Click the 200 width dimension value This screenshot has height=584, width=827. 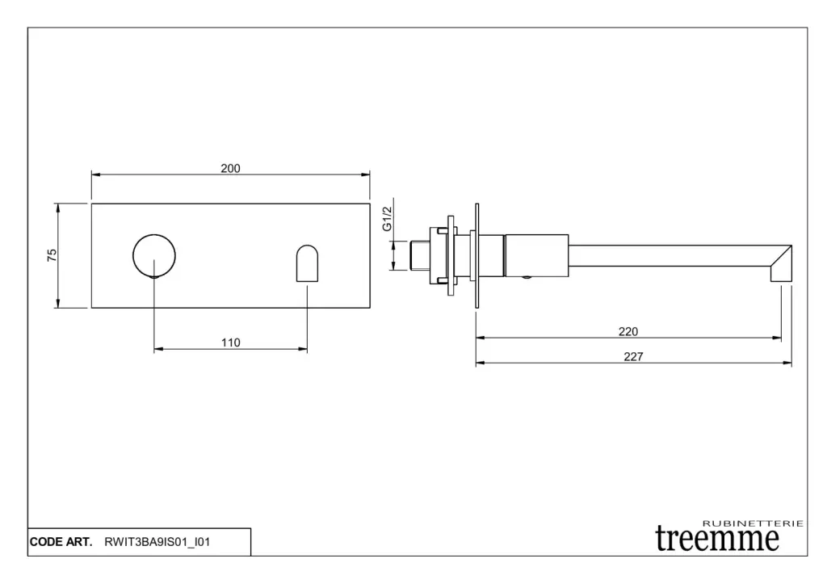[x=230, y=168]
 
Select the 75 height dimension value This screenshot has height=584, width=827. [x=52, y=255]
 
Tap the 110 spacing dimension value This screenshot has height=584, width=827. [x=230, y=343]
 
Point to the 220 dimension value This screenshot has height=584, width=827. [x=628, y=331]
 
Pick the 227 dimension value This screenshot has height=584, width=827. [x=633, y=357]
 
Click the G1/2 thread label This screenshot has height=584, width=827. [x=388, y=218]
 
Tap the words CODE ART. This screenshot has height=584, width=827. [x=61, y=542]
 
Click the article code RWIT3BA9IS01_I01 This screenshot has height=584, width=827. [x=157, y=542]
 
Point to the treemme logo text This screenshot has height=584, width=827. [x=717, y=539]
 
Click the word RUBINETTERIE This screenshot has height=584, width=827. [x=754, y=523]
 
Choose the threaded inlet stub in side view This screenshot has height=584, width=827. [x=420, y=255]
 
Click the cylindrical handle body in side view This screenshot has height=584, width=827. [x=536, y=255]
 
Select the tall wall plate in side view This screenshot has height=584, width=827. [x=476, y=256]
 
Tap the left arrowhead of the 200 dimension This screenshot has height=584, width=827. [x=96, y=174]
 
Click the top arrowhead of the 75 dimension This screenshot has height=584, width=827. [x=58, y=208]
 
